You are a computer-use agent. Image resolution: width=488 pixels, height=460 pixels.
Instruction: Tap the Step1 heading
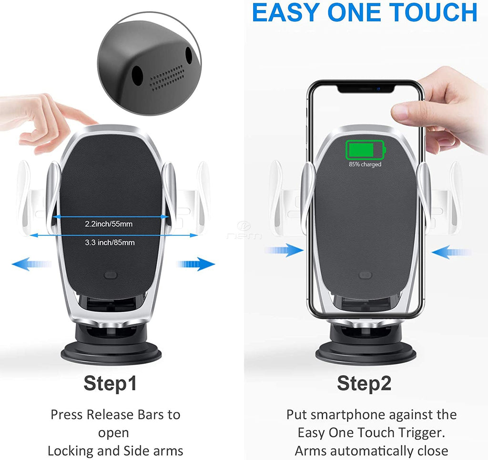tap(111, 383)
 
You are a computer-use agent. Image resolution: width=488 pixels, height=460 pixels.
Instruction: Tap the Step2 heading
tap(364, 383)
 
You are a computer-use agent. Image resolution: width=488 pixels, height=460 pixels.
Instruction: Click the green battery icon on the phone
tap(365, 150)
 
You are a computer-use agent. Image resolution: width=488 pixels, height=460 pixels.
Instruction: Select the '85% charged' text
tap(365, 165)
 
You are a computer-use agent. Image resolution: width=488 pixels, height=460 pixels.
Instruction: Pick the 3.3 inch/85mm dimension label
tap(110, 242)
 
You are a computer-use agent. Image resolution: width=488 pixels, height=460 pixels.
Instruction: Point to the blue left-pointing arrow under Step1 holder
tap(31, 264)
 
